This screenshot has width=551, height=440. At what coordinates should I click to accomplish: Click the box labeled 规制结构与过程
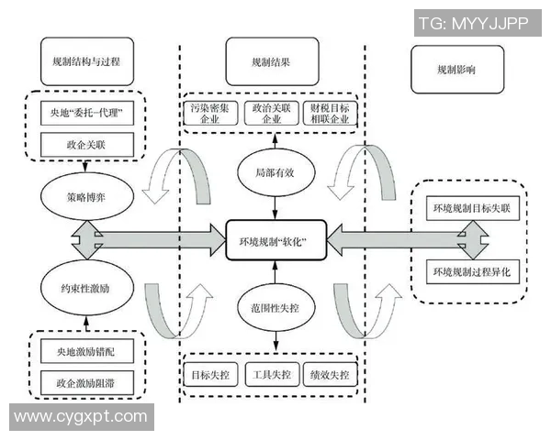(87, 62)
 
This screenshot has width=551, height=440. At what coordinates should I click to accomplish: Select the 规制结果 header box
(272, 62)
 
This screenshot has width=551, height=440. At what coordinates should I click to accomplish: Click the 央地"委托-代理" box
(87, 115)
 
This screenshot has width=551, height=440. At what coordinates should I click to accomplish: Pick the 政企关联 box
(87, 143)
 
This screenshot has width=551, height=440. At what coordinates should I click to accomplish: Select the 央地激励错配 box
(87, 350)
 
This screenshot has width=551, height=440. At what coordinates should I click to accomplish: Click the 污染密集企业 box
(210, 113)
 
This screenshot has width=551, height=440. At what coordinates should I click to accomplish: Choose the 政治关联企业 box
(272, 113)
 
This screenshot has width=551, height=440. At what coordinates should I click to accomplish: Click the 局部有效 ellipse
(273, 170)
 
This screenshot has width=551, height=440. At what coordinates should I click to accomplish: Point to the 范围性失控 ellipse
(273, 307)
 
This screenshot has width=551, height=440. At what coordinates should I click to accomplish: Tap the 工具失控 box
(272, 375)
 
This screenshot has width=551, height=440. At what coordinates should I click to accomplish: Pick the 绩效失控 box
(332, 375)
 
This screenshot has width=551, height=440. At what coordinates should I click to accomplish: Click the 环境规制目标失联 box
(476, 209)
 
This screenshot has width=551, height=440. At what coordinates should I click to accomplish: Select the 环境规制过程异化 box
(476, 272)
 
